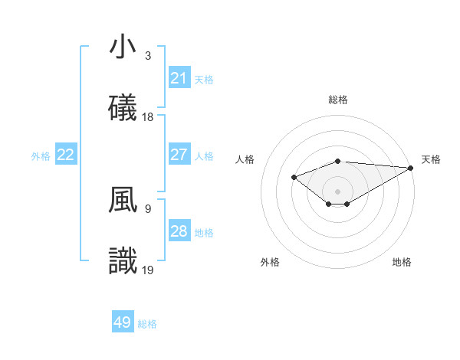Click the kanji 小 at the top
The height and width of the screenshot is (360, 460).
[123, 47]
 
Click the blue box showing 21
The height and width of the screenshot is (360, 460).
[179, 78]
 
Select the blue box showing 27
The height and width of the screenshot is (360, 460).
[179, 155]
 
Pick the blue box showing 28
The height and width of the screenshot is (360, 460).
[179, 231]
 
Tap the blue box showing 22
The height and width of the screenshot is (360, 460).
[66, 155]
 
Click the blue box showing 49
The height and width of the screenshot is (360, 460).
[123, 322]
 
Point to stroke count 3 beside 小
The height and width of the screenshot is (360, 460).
[148, 55]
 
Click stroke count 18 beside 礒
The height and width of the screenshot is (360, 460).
[148, 116]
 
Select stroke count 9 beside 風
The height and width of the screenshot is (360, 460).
[148, 208]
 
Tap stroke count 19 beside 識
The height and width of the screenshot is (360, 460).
[148, 270]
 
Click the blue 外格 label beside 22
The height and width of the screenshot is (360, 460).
[41, 155]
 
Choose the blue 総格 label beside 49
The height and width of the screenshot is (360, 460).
[147, 324]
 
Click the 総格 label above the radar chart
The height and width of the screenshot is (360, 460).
[338, 100]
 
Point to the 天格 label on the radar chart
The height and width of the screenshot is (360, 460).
[431, 159]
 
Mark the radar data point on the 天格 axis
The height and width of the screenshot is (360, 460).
[411, 168]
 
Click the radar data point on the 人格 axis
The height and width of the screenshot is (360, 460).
[294, 177]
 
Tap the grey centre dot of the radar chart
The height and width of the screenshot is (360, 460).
[338, 191]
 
